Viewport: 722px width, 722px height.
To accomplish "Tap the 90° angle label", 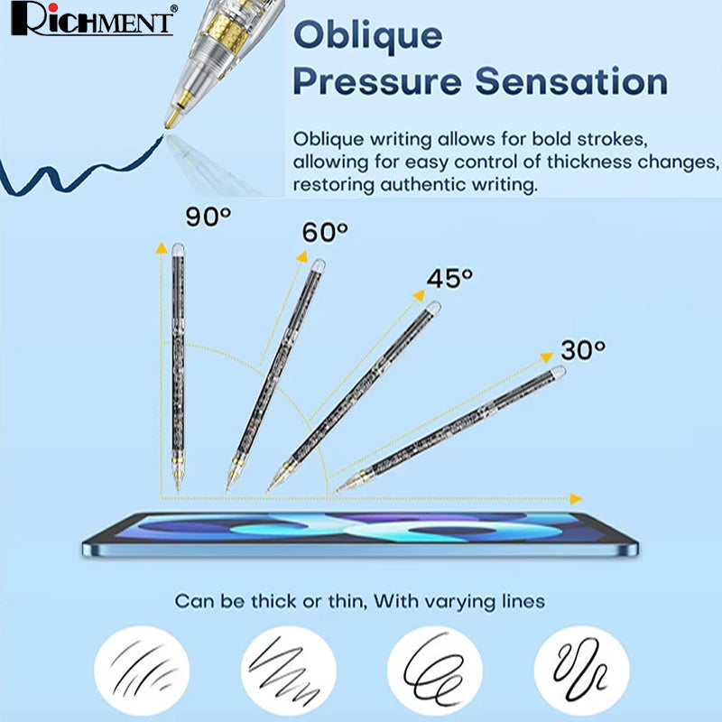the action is point(208,216).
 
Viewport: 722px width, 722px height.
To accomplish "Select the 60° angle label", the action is point(325,232).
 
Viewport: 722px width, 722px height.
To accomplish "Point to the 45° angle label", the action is point(449,278).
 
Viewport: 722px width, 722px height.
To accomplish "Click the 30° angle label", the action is point(583,350).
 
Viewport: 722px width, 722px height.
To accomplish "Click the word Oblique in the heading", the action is point(368,36).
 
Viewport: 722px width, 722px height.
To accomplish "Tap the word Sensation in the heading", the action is point(571,81).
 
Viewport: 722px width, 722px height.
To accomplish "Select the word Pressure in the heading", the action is point(377,81).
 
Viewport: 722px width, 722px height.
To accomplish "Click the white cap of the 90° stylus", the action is point(178,249).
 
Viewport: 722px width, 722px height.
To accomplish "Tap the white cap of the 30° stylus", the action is point(558,372).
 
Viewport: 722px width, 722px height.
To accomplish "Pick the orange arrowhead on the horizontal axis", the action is point(576,498).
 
